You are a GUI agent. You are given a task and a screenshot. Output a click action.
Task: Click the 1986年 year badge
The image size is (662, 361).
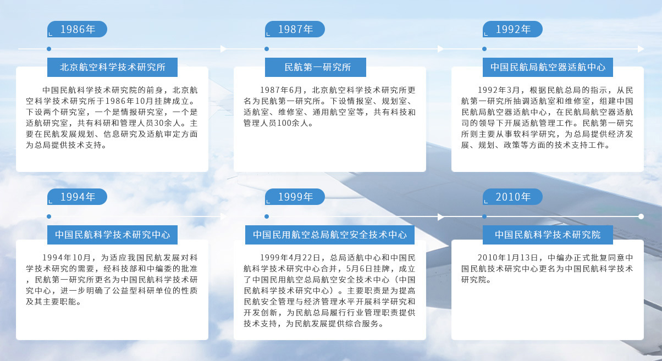click(x=77, y=29)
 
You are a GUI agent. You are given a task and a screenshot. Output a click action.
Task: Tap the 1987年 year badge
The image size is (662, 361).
click(x=295, y=29)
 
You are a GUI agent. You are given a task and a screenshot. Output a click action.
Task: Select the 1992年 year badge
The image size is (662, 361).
click(x=513, y=29)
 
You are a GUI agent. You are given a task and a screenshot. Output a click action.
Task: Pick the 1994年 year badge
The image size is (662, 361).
click(x=77, y=197)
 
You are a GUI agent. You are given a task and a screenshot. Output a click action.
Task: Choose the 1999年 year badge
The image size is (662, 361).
click(x=295, y=197)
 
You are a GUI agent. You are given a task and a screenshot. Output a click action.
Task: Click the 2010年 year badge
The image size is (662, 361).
click(x=513, y=197)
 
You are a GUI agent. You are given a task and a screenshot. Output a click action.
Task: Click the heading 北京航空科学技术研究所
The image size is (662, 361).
click(x=112, y=68)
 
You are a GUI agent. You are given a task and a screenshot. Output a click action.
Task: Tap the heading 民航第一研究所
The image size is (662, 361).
click(x=316, y=68)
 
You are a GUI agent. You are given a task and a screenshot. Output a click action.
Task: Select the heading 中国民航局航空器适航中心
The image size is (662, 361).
click(x=548, y=68)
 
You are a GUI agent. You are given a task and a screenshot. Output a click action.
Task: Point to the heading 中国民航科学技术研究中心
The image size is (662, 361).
click(x=112, y=235)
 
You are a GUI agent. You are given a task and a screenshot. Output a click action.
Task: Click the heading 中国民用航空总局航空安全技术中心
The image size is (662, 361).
click(x=330, y=235)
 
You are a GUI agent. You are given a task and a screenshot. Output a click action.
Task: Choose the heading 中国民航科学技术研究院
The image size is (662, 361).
click(x=548, y=235)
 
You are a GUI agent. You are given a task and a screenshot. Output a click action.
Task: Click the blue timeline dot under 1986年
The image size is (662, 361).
click(x=49, y=49)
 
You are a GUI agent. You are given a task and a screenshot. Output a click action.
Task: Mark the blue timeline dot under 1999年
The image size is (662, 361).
click(x=267, y=216)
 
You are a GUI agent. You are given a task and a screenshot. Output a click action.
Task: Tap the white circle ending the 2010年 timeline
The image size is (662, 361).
click(x=641, y=216)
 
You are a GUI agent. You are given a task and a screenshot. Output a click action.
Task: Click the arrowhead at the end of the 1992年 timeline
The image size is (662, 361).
click(x=641, y=49)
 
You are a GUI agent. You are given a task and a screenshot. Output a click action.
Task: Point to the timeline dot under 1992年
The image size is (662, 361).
click(x=484, y=49)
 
